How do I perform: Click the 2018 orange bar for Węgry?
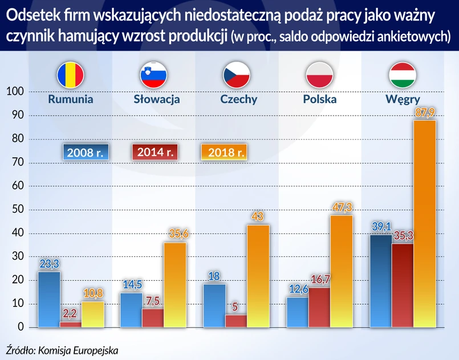pos(424,223)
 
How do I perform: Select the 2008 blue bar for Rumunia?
pos(48,299)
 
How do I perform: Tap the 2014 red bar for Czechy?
pos(235,321)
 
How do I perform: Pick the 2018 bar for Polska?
pos(342,271)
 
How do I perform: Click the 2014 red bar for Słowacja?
pos(153,318)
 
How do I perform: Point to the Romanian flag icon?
pos(70,75)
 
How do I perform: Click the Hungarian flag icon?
pos(402,75)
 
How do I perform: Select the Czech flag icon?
pos(236,75)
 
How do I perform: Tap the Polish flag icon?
pos(320,75)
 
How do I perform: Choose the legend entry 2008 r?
pos(85,153)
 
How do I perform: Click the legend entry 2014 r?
pos(155,152)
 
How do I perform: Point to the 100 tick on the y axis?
pos(15,92)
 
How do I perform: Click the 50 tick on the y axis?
pos(17,210)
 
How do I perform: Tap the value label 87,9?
pos(424,113)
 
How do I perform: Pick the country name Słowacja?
pos(157,99)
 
